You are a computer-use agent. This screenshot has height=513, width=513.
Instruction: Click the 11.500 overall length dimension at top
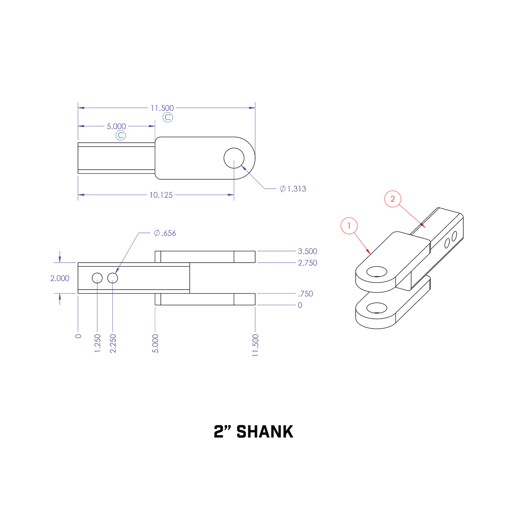tap(162, 108)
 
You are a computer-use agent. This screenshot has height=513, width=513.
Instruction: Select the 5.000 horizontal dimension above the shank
tap(116, 127)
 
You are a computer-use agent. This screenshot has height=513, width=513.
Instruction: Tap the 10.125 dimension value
tap(161, 195)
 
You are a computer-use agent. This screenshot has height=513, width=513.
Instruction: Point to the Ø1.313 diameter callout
tap(293, 189)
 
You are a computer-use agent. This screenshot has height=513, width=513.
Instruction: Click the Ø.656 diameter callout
tap(165, 233)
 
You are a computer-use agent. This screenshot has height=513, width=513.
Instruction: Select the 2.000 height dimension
tap(60, 278)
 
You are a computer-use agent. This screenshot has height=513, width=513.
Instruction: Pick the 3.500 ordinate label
tap(307, 251)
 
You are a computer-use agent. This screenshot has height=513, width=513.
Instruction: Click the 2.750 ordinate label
tap(307, 263)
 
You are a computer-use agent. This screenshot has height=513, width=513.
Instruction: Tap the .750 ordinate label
tap(305, 294)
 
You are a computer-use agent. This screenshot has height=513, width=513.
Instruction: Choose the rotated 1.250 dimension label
tap(97, 343)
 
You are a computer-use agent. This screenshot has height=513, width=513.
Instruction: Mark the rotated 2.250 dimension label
tap(113, 343)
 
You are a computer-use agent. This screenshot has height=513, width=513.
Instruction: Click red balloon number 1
tap(349, 226)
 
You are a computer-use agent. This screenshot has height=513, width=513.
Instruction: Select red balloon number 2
tap(393, 199)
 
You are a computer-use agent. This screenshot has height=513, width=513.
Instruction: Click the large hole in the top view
tap(234, 158)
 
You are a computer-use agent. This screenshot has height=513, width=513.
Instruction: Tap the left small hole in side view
tap(97, 278)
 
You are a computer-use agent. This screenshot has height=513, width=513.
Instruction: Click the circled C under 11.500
tap(168, 117)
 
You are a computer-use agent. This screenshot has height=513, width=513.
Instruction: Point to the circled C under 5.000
tap(120, 135)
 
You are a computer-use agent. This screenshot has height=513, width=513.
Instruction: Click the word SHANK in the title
tap(265, 432)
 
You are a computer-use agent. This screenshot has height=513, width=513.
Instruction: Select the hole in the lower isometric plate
tap(377, 308)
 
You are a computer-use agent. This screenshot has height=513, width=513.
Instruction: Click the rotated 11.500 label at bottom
tap(255, 345)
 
